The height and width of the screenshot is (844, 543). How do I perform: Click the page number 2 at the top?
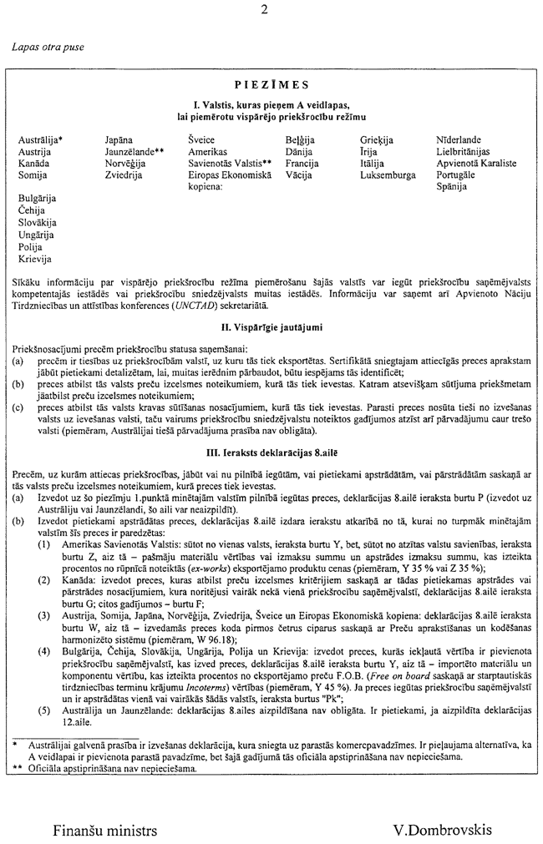coord(264,10)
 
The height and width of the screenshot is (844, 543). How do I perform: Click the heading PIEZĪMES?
coord(271,84)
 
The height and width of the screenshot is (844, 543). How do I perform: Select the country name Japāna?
coord(120,140)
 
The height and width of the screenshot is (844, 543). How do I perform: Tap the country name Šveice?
coord(200,140)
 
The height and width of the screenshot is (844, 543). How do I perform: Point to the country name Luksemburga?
coord(388,176)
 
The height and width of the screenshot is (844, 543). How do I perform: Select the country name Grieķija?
coord(377,140)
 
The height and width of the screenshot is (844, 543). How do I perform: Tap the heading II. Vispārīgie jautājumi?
coord(271,326)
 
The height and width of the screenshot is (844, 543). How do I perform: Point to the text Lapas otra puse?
coord(48,48)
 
